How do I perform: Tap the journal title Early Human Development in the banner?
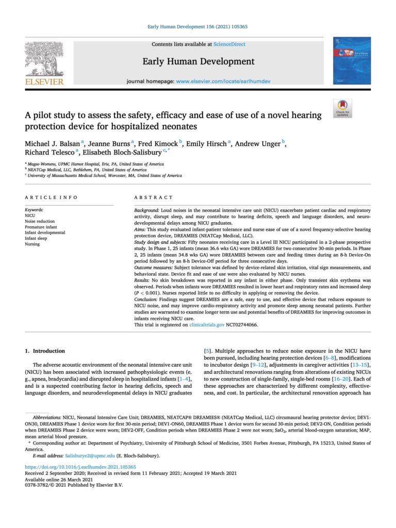tap(199, 62)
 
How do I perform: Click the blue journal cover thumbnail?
tap(352, 60)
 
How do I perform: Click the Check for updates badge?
tap(342, 108)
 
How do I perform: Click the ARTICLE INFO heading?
tap(52, 197)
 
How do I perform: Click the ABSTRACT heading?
tap(153, 197)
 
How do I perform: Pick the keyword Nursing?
tap(32, 244)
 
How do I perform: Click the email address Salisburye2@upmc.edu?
tap(86, 456)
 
